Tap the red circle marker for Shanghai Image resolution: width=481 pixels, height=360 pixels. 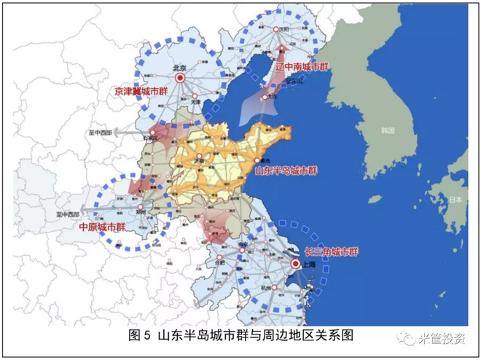pos(295,264)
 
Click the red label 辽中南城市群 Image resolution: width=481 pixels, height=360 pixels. pos(302,66)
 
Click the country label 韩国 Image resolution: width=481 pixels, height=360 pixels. pos(387,131)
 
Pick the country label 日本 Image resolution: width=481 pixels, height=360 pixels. pos(457,199)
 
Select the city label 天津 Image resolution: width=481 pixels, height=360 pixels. pos(195,102)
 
